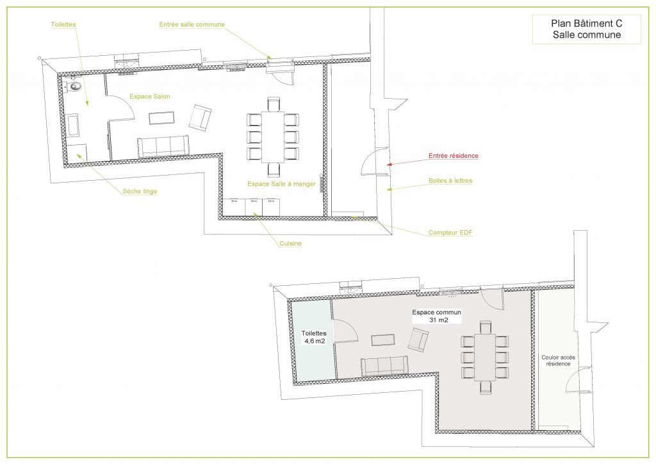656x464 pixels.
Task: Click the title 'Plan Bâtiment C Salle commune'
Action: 586,29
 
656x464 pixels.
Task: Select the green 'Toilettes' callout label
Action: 63,24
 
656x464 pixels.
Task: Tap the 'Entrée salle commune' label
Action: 192,24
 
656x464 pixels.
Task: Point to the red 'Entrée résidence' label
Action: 453,156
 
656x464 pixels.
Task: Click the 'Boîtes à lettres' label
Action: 450,181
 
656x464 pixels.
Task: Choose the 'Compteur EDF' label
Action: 450,232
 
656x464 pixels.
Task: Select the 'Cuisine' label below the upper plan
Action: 290,244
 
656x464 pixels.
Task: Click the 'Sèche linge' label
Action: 140,191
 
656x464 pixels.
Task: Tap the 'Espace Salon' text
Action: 150,96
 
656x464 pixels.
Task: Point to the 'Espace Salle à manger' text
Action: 281,184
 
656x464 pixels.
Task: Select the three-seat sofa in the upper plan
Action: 163,146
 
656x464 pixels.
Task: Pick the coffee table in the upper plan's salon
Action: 161,118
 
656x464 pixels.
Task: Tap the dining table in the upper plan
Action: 274,136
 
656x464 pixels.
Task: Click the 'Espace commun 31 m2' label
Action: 436,316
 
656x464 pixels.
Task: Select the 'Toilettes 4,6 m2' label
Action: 315,337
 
